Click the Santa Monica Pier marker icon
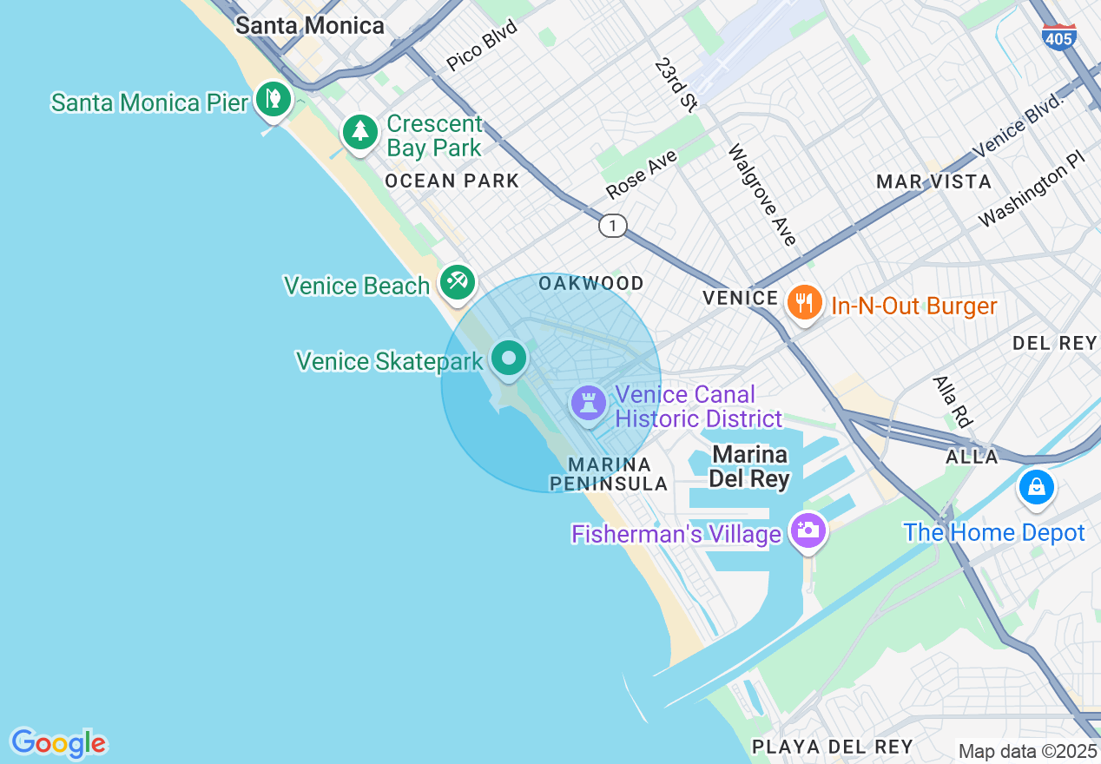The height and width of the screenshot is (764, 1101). click(273, 98)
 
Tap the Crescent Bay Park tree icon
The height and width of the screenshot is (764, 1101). click(359, 133)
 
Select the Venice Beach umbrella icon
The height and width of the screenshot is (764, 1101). click(457, 281)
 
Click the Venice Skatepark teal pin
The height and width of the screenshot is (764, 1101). click(509, 358)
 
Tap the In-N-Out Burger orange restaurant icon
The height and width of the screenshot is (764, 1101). click(805, 303)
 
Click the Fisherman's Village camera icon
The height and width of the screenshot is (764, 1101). click(808, 530)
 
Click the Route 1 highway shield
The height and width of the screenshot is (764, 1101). click(613, 226)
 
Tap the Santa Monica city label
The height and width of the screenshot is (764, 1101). click(310, 26)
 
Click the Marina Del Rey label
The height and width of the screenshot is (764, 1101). click(749, 466)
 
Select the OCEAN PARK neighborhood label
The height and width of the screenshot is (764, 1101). click(452, 181)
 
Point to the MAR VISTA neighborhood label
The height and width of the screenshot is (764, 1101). click(933, 181)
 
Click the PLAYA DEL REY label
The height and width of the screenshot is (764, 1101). click(833, 747)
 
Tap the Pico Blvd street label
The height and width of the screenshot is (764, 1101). click(482, 46)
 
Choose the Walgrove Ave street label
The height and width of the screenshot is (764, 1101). click(762, 194)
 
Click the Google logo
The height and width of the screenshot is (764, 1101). click(58, 743)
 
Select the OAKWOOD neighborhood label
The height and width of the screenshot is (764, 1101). click(591, 283)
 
